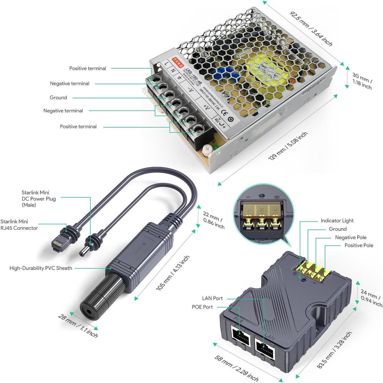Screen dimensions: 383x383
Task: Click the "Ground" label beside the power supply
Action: click(58, 97)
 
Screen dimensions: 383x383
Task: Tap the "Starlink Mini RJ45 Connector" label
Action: click(19, 225)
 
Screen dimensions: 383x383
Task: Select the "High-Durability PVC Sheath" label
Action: click(41, 268)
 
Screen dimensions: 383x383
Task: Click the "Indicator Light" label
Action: click(337, 221)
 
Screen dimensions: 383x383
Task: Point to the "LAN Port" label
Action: click(212, 298)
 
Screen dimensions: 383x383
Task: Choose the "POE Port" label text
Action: click(202, 307)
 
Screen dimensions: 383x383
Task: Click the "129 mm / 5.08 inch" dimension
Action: click(288, 146)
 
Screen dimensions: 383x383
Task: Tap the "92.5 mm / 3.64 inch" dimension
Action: click(311, 29)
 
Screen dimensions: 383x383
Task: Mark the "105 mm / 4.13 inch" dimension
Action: click(173, 273)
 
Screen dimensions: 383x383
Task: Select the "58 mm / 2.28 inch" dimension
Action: click(236, 368)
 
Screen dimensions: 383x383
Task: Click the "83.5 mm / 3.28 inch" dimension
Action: click(334, 350)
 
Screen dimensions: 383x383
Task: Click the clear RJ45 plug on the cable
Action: click(58, 241)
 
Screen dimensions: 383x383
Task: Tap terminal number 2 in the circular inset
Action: click(262, 209)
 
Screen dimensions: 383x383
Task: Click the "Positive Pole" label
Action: click(359, 245)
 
